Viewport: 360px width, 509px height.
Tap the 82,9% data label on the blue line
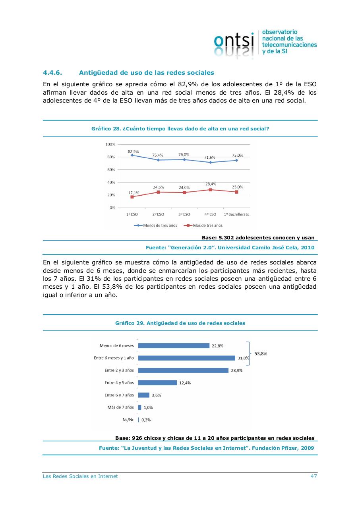[x=133, y=152]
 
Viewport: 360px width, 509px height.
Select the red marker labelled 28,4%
[x=211, y=190]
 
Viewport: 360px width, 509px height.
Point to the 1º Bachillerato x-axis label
[x=236, y=214]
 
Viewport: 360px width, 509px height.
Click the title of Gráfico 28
[x=180, y=129]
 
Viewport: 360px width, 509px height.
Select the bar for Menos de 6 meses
[x=174, y=346]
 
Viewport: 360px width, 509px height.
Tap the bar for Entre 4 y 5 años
[x=157, y=383]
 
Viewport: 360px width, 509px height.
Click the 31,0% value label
[x=243, y=358]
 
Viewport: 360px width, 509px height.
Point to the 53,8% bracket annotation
[x=260, y=353]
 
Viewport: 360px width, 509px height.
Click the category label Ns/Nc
[x=128, y=420]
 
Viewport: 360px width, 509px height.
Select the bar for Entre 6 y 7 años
[x=143, y=395]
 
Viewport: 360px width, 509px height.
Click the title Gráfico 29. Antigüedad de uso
[x=180, y=323]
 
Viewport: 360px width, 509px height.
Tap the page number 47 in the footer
[x=314, y=476]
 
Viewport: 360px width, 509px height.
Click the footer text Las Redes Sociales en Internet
[x=80, y=476]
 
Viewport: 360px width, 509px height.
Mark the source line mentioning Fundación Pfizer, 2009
[x=206, y=448]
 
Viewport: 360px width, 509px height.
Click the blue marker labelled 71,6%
[x=211, y=162]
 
